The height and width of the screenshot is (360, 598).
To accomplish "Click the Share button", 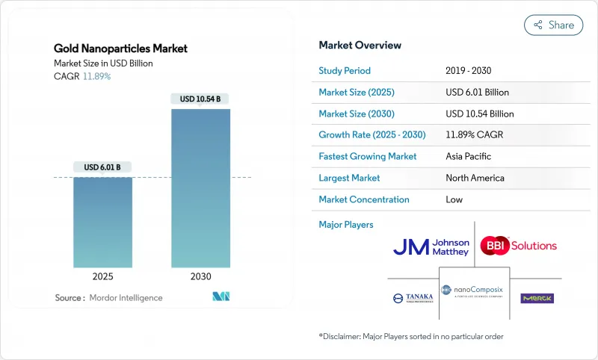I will (554, 25).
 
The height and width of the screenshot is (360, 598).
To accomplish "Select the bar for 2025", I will (103, 222).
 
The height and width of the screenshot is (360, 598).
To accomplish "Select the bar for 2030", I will (200, 187).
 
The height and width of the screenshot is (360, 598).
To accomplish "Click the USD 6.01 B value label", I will (102, 167).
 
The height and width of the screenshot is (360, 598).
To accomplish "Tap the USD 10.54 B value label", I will (200, 99).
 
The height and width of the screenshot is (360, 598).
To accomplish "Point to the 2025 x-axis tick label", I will (103, 276).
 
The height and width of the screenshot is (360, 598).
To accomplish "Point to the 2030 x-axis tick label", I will (200, 276).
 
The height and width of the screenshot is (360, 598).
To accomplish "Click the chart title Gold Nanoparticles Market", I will (120, 49).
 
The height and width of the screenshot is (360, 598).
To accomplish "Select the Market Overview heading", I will (360, 45).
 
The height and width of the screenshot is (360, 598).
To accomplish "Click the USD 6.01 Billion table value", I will (477, 93).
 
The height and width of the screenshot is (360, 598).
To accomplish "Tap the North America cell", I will (475, 178).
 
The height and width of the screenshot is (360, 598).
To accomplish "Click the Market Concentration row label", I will (364, 199).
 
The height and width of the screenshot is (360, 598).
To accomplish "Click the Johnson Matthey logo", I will (431, 247).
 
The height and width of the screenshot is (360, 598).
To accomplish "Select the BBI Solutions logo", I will (518, 245).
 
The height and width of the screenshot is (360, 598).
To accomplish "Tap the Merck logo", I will (537, 298).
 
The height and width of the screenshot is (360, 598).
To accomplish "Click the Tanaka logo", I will (413, 298).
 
